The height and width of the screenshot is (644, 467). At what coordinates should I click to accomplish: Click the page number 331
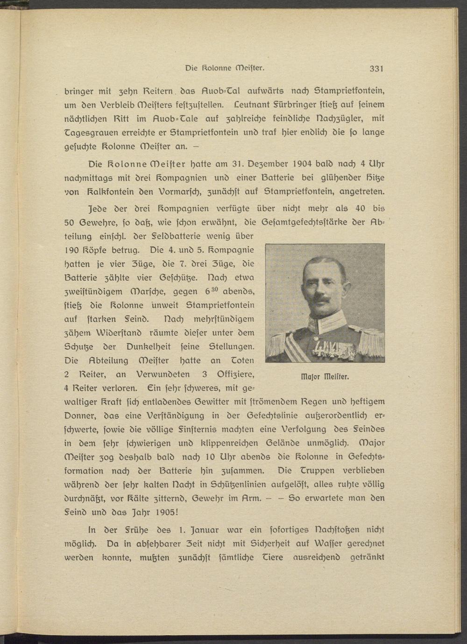(x=376, y=69)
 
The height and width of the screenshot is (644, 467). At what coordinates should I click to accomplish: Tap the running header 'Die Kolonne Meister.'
(x=225, y=68)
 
